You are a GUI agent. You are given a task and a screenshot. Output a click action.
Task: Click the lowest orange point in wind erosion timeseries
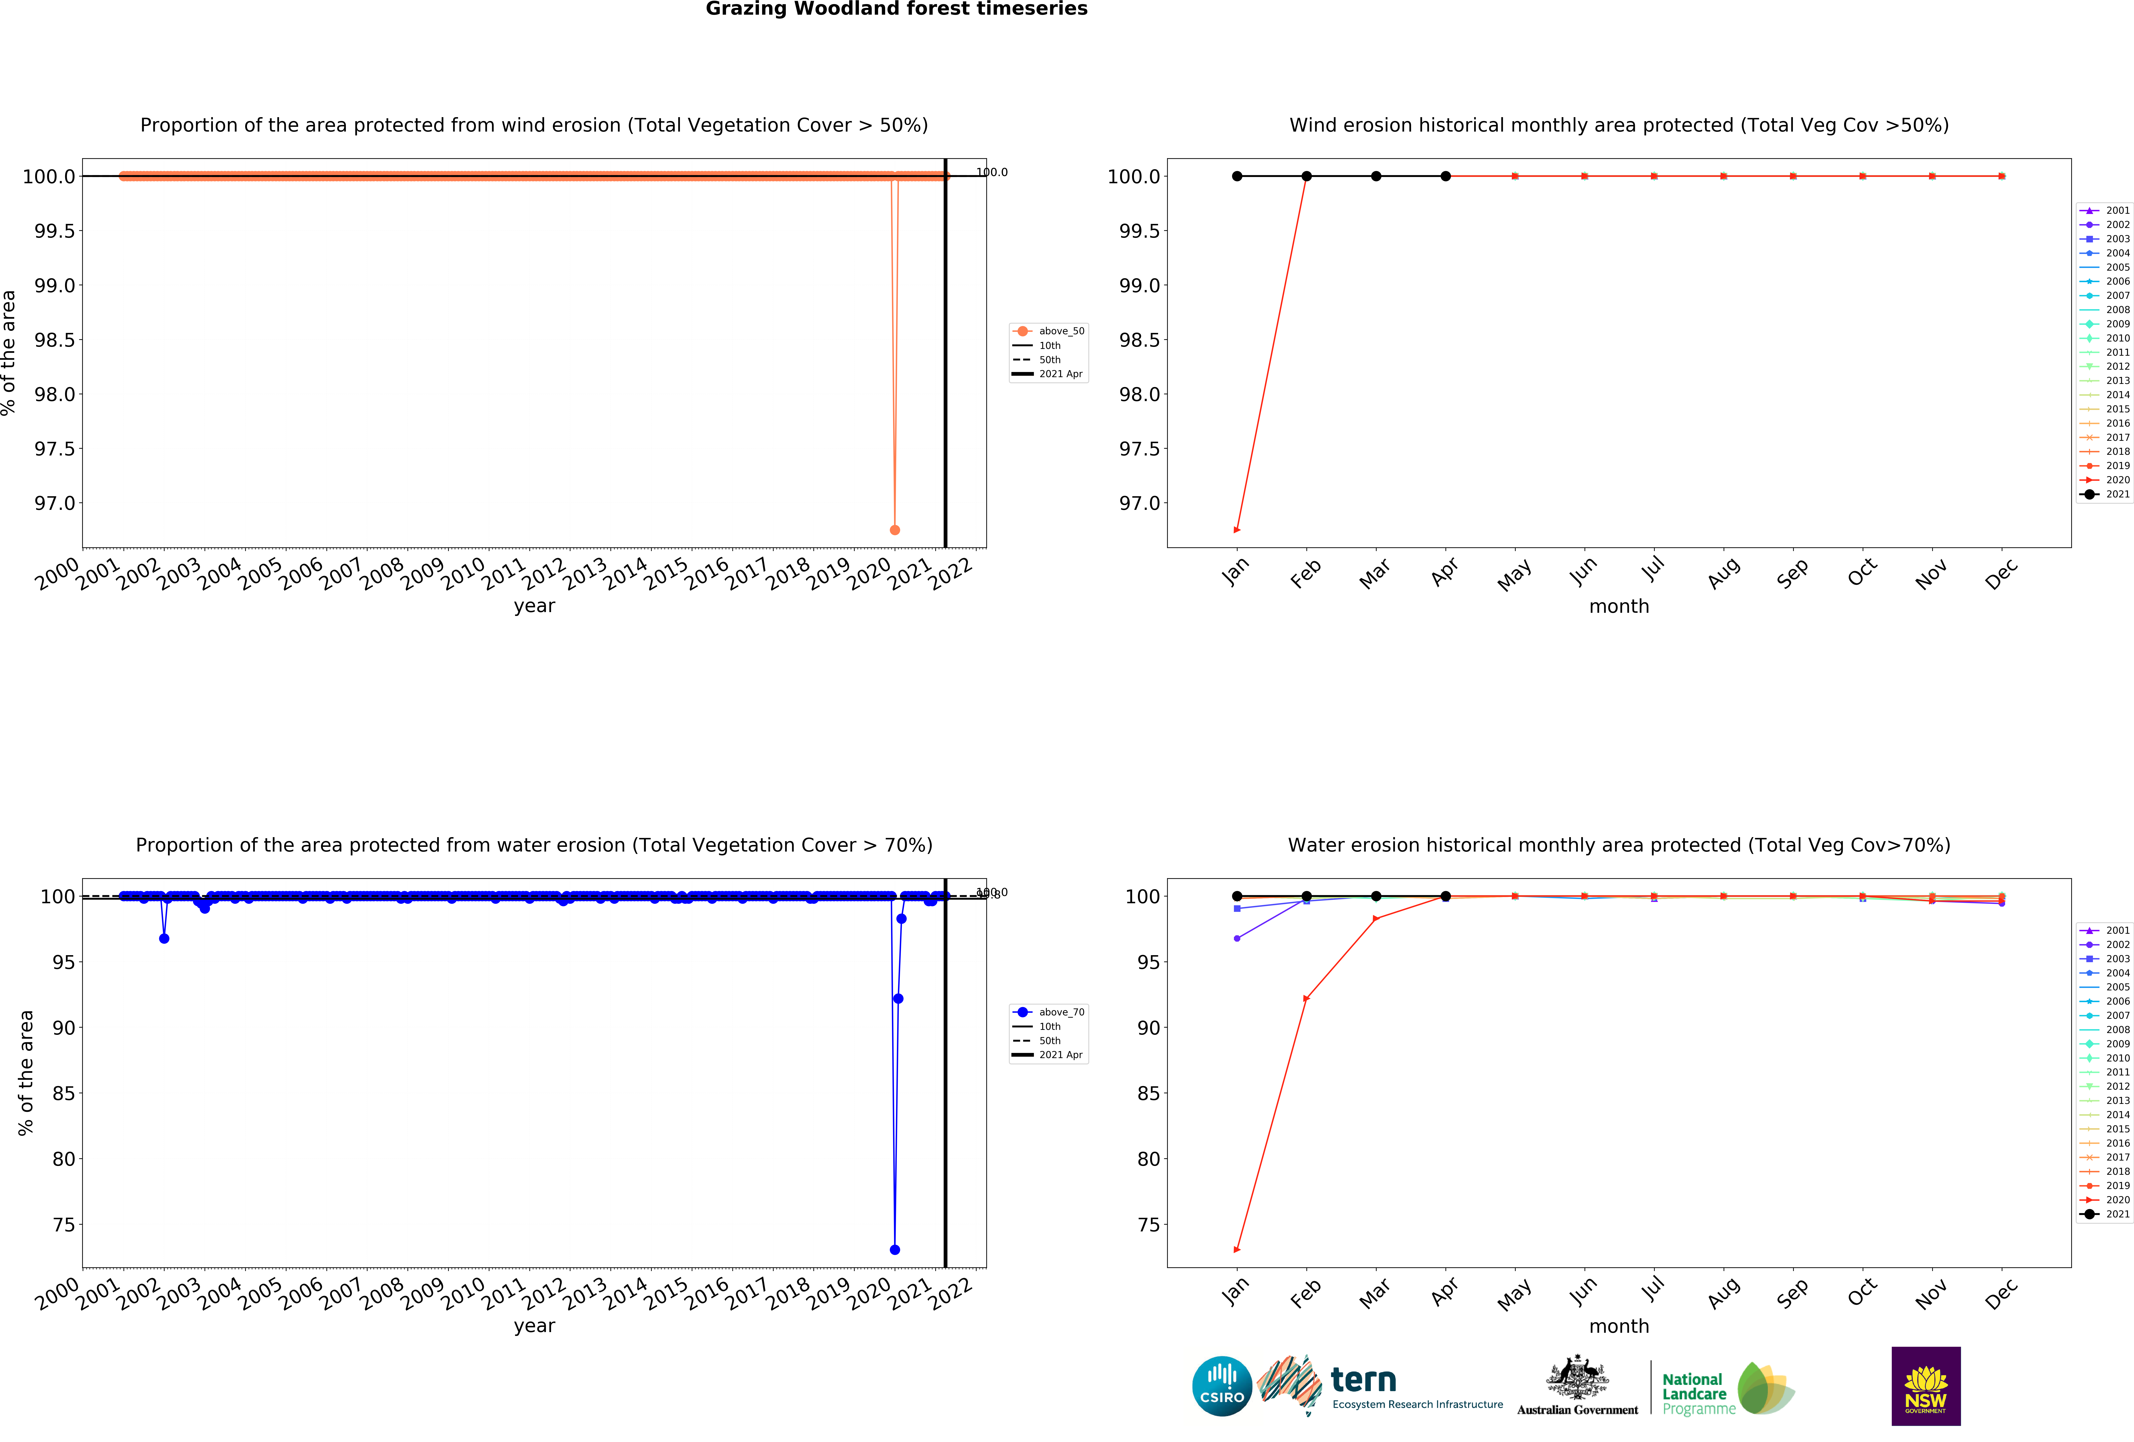(894, 530)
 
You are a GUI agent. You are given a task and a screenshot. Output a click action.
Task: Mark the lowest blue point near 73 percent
(894, 1249)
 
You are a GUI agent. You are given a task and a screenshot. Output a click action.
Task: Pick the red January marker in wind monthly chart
(1237, 530)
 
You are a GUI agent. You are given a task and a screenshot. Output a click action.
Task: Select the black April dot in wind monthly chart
(1445, 176)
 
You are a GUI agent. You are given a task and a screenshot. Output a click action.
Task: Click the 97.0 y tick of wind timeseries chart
(55, 503)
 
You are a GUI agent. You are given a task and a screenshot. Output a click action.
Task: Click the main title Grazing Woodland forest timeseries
(896, 9)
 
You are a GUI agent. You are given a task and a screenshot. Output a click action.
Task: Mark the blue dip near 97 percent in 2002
(163, 938)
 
